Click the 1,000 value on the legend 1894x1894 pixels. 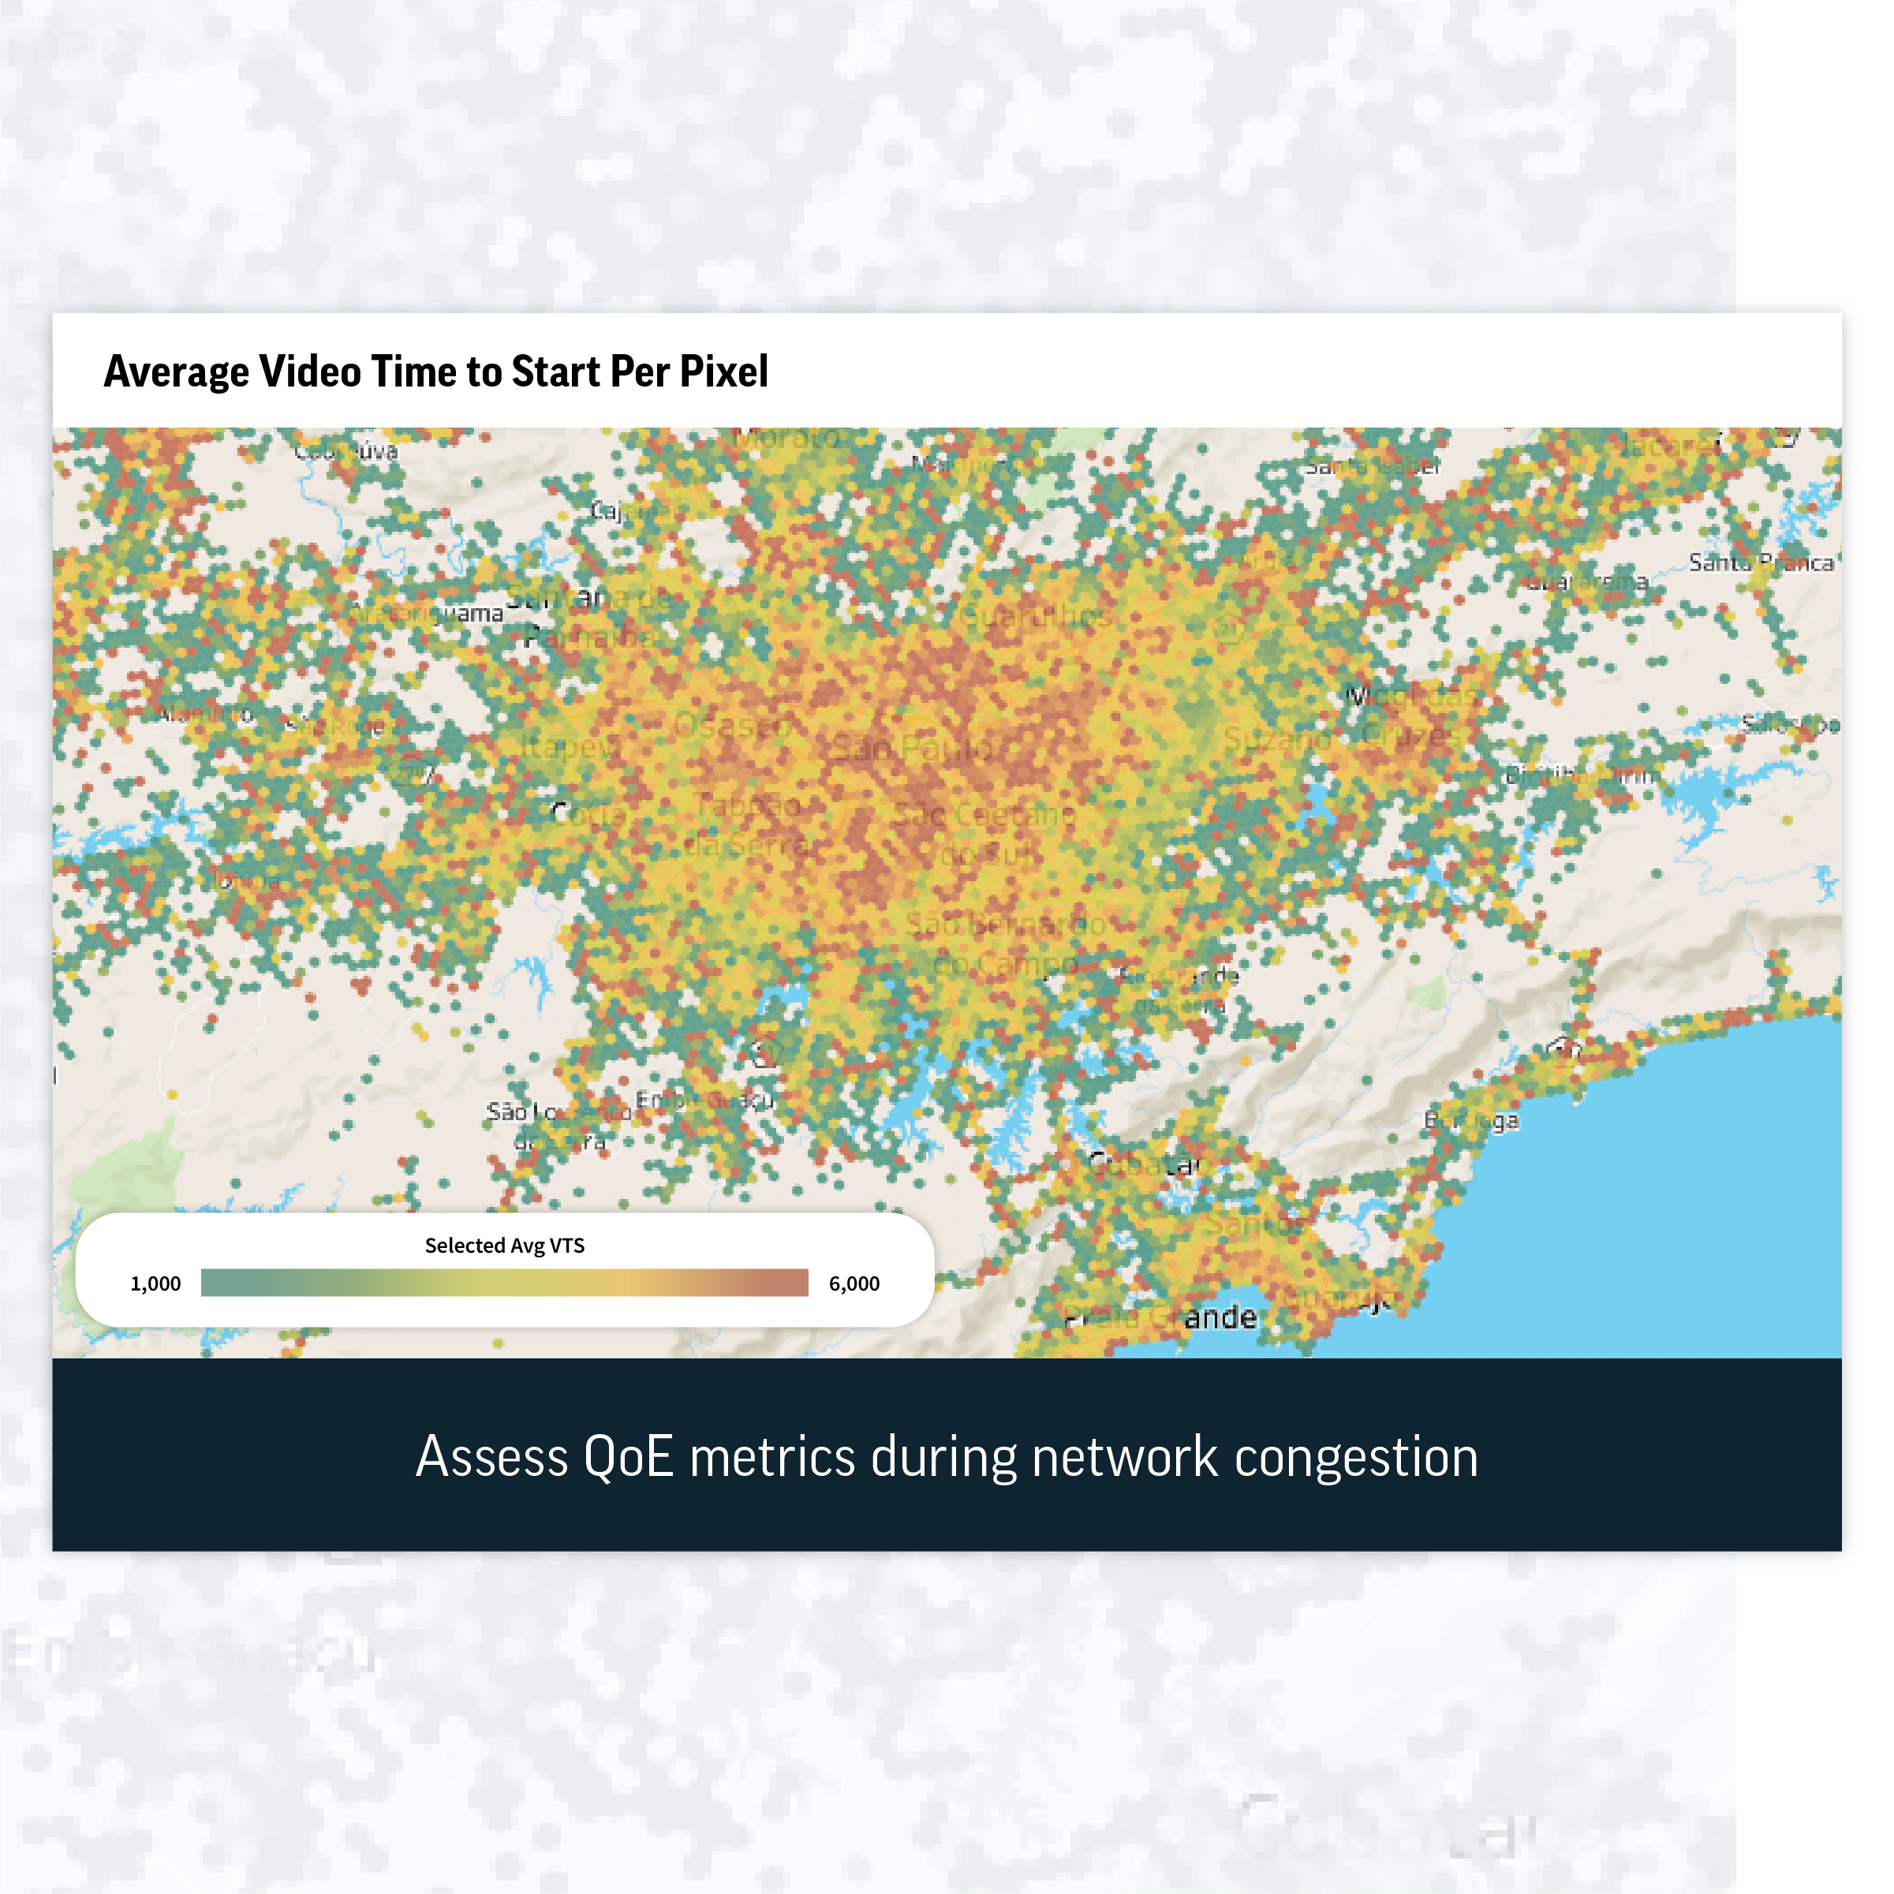pyautogui.click(x=156, y=1283)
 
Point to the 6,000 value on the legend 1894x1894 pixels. pyautogui.click(x=854, y=1283)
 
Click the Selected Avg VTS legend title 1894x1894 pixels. pyautogui.click(x=504, y=1245)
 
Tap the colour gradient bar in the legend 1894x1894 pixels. pyautogui.click(x=504, y=1283)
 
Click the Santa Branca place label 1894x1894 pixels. pyautogui.click(x=1761, y=562)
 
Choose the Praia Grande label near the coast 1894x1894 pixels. pyautogui.click(x=1162, y=1317)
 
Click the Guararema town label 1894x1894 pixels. pyautogui.click(x=1588, y=581)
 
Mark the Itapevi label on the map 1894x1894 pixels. pyautogui.click(x=569, y=747)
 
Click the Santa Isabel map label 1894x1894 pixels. pyautogui.click(x=1373, y=467)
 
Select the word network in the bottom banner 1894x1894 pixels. pyautogui.click(x=1123, y=1457)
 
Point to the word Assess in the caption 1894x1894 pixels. pyautogui.click(x=492, y=1457)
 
